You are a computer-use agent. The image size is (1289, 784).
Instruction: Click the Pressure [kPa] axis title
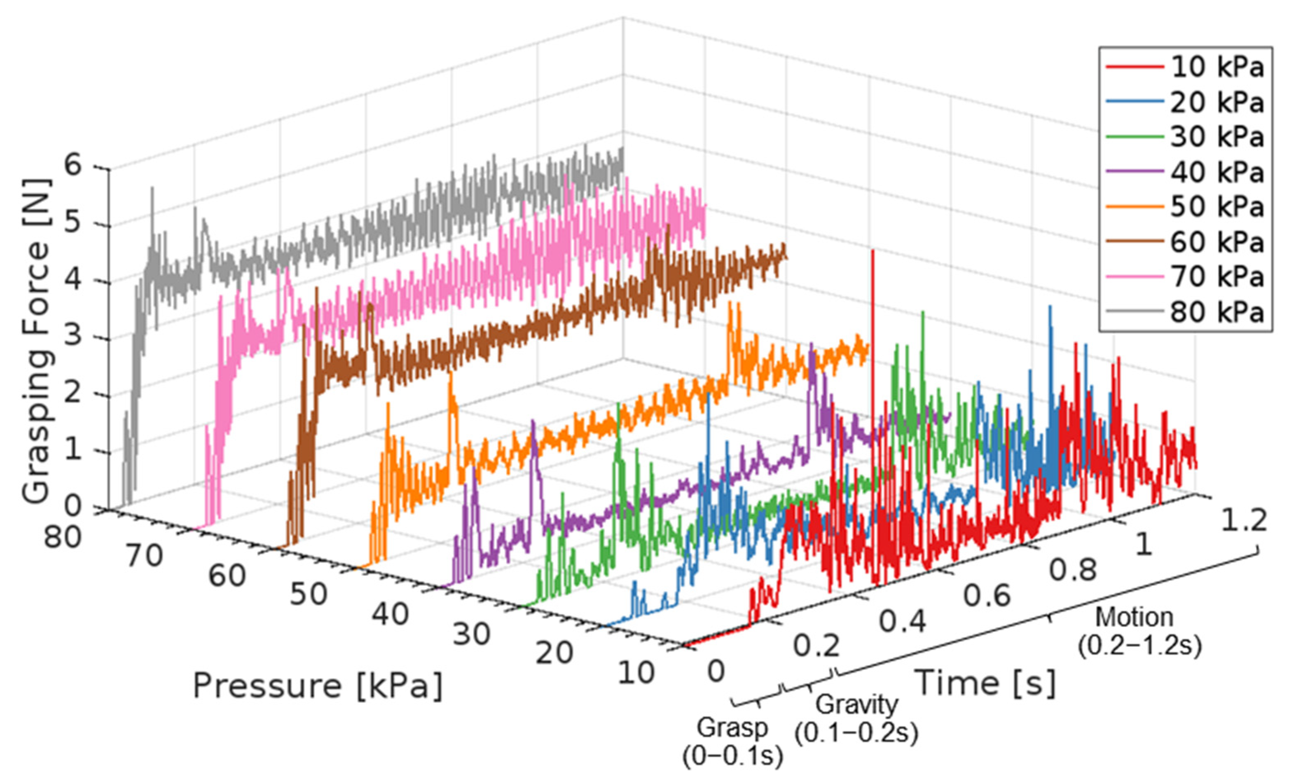click(318, 686)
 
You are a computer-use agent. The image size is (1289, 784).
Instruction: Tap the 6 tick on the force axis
click(73, 166)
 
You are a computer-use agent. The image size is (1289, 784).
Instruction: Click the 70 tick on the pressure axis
click(144, 555)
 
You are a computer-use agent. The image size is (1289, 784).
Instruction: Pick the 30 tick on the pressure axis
click(471, 634)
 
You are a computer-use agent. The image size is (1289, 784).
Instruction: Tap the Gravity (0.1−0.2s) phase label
click(856, 718)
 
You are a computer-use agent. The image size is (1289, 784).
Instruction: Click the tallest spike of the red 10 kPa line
click(873, 252)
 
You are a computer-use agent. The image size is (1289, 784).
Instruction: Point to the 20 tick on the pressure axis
click(554, 653)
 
